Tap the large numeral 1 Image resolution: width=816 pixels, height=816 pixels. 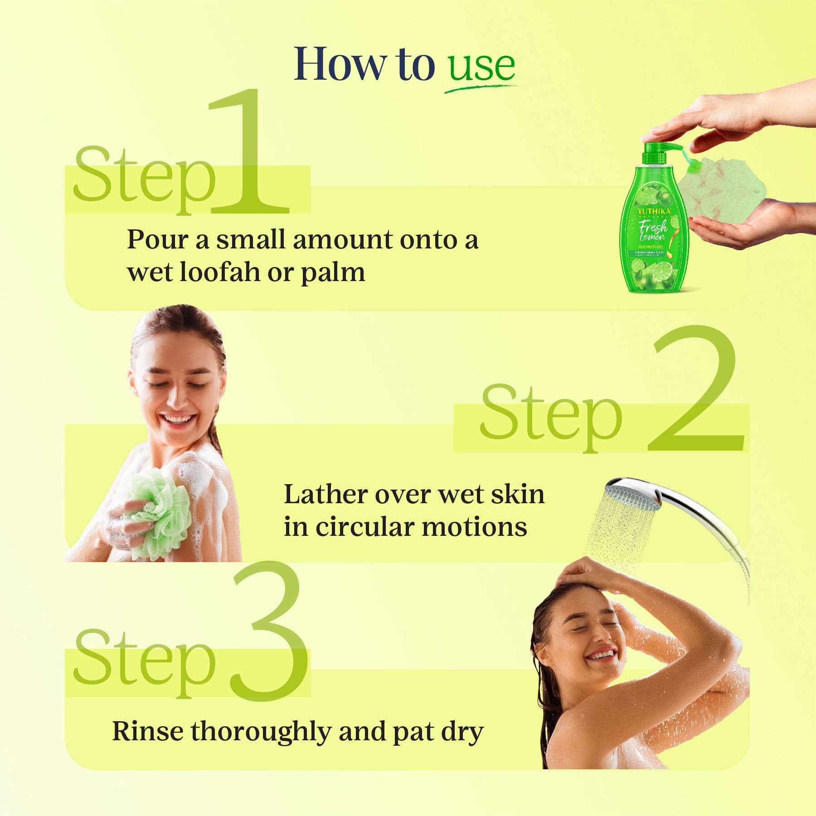pos(248,154)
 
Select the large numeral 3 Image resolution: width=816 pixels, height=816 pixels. pos(268,635)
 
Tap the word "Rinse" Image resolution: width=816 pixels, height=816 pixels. pos(147,731)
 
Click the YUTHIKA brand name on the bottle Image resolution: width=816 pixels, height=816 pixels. pos(654,212)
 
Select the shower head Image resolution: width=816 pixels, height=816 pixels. pos(632,496)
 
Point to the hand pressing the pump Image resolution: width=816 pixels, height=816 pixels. pos(716,118)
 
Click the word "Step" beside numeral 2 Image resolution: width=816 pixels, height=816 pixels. pos(551,415)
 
